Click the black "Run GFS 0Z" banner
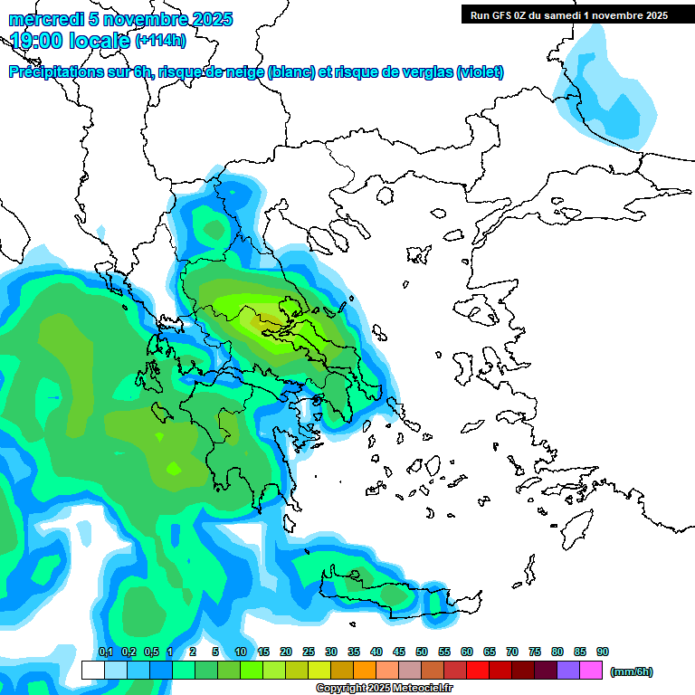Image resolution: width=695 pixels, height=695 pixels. (x=565, y=14)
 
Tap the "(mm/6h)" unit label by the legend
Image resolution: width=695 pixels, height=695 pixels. (x=631, y=671)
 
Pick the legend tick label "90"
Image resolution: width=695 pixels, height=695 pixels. (x=603, y=652)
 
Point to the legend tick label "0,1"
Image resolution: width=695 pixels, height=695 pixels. (x=105, y=652)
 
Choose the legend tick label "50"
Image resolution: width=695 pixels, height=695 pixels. (x=422, y=652)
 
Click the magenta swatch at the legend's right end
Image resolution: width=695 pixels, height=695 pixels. (x=591, y=671)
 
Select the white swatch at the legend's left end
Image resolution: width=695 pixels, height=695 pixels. (x=93, y=671)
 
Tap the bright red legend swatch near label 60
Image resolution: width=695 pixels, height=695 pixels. (x=478, y=671)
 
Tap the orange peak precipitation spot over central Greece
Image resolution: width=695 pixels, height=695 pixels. (x=266, y=319)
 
